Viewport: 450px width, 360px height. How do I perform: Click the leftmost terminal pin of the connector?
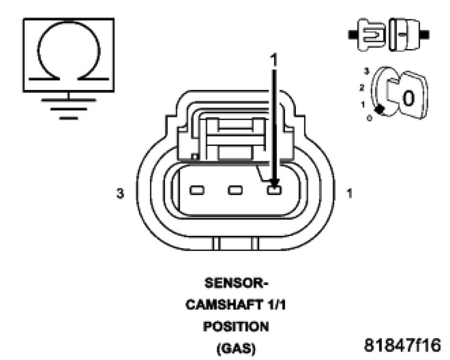pos(197,190)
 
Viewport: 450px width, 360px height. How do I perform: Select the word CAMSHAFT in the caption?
pos(223,306)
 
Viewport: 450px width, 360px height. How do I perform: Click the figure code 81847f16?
pos(400,344)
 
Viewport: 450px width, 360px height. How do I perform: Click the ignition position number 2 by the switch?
pos(362,87)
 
